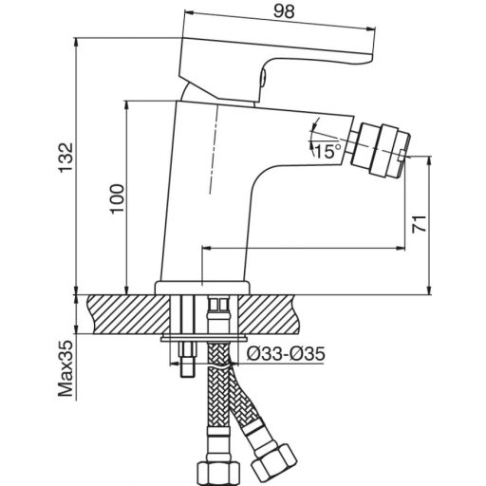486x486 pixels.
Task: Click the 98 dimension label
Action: tap(284, 11)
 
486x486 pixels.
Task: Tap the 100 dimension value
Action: tap(118, 199)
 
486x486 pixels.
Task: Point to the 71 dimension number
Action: tap(419, 224)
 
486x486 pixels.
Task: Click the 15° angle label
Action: tap(327, 151)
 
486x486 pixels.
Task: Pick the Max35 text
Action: tap(66, 368)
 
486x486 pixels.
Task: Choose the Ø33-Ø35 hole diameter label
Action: tap(286, 354)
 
